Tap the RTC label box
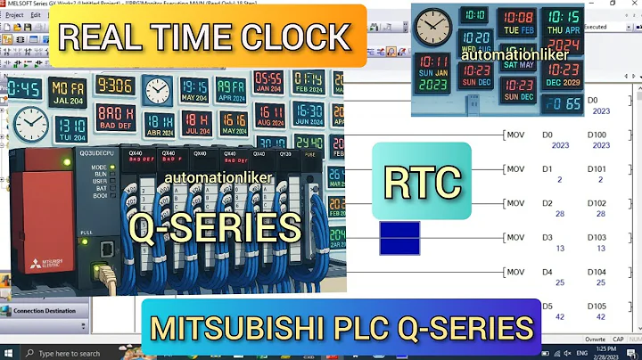[422, 182]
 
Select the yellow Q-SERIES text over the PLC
[215, 228]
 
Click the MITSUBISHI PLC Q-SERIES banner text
[341, 327]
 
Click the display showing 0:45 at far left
[24, 89]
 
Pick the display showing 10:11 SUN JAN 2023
[434, 75]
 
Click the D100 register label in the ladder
[598, 134]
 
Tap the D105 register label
[597, 306]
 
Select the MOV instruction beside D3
[514, 237]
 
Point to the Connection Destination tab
[44, 311]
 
